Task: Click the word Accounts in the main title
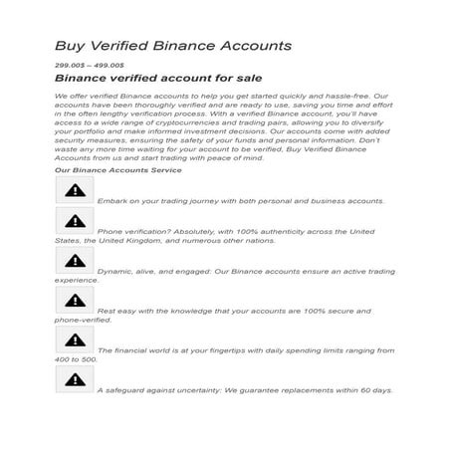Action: pyautogui.click(x=254, y=47)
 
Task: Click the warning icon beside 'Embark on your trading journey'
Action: pyautogui.click(x=75, y=189)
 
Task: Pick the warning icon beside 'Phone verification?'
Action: pyautogui.click(x=75, y=222)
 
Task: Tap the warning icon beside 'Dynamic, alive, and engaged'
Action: pyautogui.click(x=75, y=261)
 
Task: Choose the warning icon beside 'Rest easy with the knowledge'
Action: pyautogui.click(x=75, y=300)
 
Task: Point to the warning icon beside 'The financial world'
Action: pyautogui.click(x=75, y=339)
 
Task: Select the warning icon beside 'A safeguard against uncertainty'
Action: pyautogui.click(x=75, y=378)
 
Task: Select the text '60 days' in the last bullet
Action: pyautogui.click(x=374, y=390)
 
